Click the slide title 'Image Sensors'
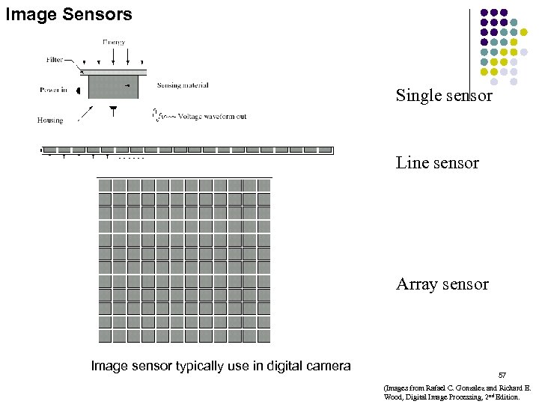(69, 13)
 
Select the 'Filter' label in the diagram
(53, 60)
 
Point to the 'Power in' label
(54, 90)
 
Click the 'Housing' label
(50, 120)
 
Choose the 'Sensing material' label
(183, 86)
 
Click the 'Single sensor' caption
(444, 96)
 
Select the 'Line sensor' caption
(437, 163)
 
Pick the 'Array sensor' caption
(442, 284)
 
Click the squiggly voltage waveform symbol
(157, 115)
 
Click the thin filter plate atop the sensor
(113, 72)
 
